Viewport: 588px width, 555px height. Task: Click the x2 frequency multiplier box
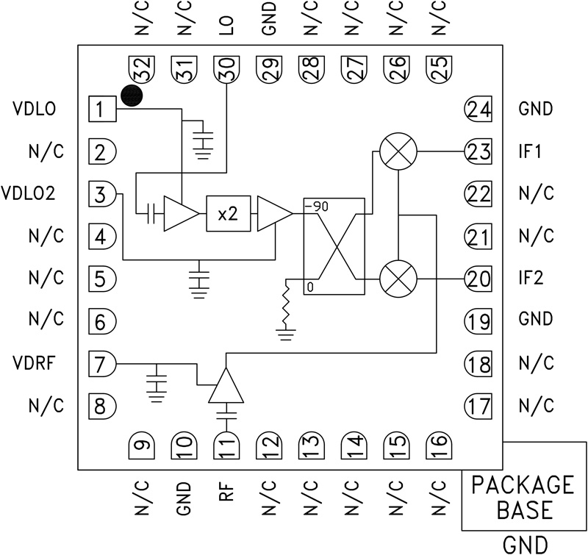[229, 214]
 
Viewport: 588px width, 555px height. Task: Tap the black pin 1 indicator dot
[132, 96]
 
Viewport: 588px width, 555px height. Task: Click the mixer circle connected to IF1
[398, 152]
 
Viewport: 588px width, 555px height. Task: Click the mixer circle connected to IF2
[398, 279]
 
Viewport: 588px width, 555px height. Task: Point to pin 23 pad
[477, 152]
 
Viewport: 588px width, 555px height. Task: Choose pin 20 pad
[477, 279]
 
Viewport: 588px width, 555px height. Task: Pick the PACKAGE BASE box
[523, 497]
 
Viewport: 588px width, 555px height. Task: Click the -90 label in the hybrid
[318, 207]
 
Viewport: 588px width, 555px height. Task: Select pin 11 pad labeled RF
[226, 445]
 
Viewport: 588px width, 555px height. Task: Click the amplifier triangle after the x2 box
[274, 214]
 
